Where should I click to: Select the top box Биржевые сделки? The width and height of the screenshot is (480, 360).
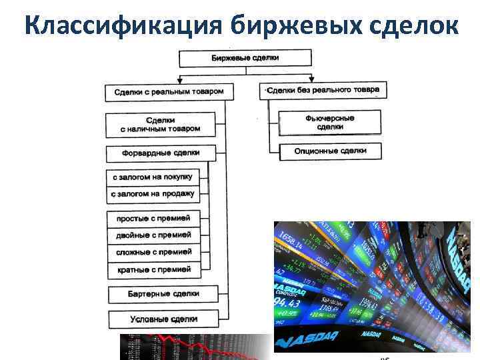pos(245,58)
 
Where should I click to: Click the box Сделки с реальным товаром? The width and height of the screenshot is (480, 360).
pos(169,91)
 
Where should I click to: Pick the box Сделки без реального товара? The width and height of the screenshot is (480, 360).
pos(323,90)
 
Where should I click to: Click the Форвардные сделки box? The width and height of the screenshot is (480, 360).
pos(161,153)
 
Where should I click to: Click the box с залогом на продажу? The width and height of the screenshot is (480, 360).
pos(153,194)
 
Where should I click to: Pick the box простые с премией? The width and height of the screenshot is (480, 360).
pos(153,218)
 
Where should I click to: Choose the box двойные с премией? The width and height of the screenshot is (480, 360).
pos(153,235)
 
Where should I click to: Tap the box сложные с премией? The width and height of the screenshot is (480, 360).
pos(153,252)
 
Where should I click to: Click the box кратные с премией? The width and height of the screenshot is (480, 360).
pos(153,269)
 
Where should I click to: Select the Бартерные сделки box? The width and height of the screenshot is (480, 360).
pos(163,293)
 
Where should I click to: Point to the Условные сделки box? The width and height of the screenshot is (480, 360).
pos(163,319)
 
